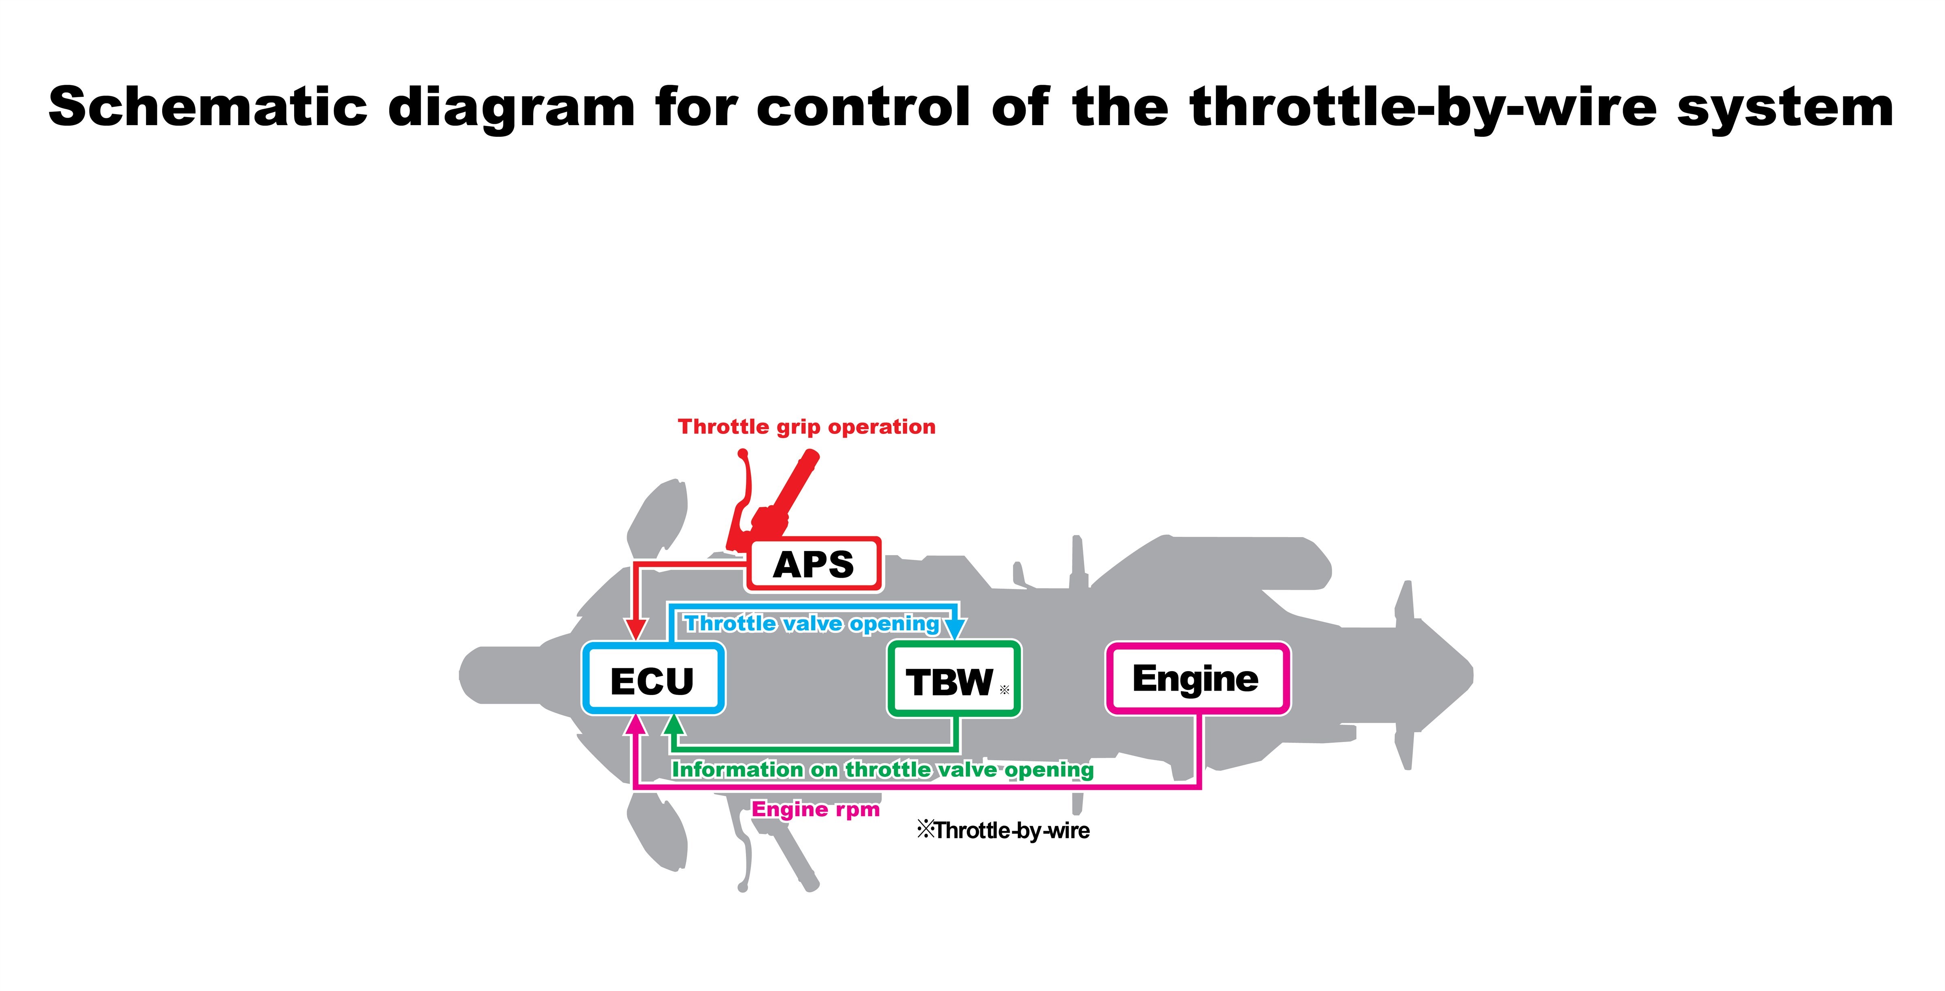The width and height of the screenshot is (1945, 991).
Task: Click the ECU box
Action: (653, 678)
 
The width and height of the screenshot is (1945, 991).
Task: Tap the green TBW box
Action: (953, 679)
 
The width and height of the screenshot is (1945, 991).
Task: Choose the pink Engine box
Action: (1197, 678)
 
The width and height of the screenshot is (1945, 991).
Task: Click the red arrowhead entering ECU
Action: (636, 628)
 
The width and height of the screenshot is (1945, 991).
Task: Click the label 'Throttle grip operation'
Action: (806, 427)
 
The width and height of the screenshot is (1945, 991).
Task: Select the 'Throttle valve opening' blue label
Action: (811, 624)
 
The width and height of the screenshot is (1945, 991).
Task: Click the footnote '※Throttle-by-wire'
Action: (1004, 831)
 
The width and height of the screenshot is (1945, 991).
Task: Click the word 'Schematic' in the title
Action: (208, 107)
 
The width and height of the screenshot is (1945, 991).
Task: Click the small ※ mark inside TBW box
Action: (1004, 690)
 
